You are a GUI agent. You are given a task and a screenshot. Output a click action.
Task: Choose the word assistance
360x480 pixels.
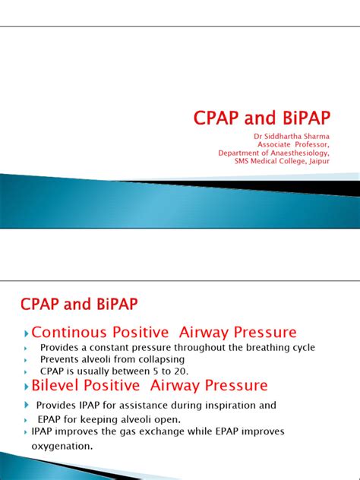pos(144,406)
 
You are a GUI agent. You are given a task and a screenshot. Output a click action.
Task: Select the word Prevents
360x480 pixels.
pos(60,359)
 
